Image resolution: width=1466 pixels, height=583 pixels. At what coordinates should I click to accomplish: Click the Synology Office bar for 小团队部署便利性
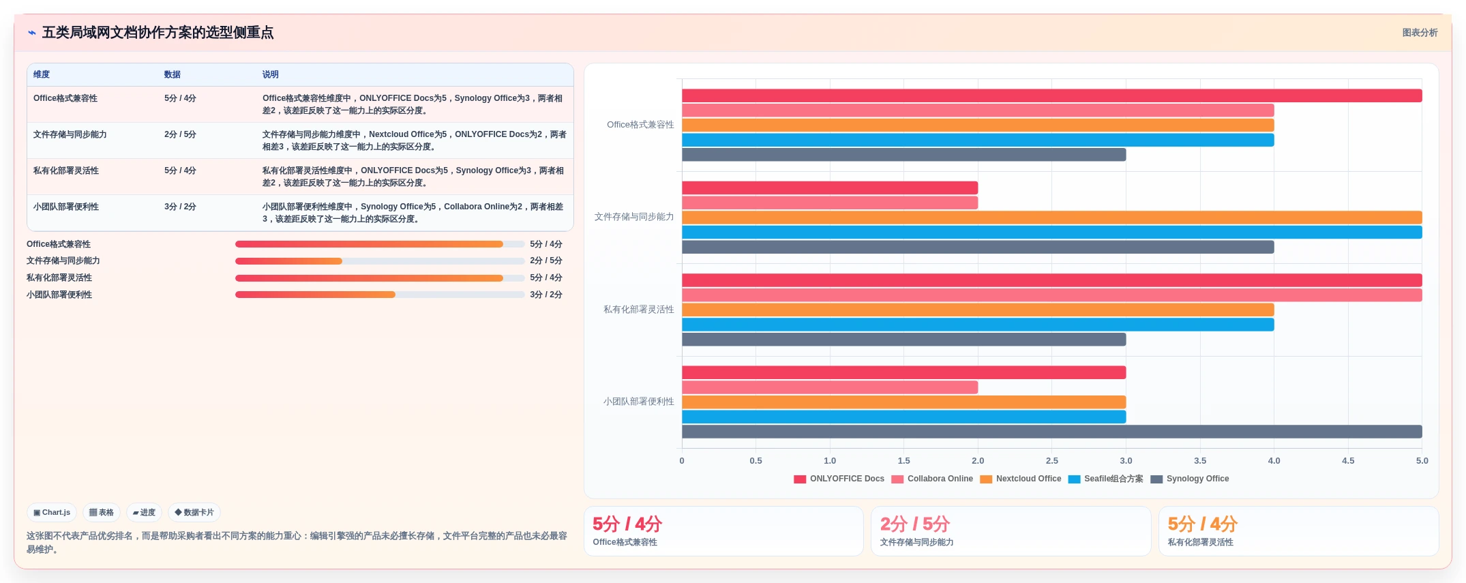[x=1051, y=432]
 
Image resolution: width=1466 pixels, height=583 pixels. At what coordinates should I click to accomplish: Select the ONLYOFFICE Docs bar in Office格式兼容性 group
[x=1051, y=95]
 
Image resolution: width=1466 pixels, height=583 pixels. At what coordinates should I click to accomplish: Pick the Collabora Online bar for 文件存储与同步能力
[x=830, y=203]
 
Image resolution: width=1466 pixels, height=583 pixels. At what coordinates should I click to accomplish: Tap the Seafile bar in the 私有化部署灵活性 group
[x=978, y=325]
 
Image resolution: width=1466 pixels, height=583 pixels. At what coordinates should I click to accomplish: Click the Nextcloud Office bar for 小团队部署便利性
[x=903, y=402]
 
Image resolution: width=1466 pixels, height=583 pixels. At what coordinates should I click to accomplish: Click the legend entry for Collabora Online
[x=932, y=479]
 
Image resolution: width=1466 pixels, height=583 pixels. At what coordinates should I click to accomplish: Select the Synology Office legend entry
[x=1190, y=479]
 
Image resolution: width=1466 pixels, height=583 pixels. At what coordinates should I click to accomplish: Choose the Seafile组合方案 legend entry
[x=1106, y=479]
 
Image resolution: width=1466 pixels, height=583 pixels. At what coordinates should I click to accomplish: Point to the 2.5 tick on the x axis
[x=1052, y=461]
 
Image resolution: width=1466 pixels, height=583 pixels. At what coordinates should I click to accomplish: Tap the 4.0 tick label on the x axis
[x=1274, y=461]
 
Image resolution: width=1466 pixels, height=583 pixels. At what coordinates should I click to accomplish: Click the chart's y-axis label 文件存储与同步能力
[x=634, y=217]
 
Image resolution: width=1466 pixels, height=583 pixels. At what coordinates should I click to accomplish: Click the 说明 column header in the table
[x=271, y=74]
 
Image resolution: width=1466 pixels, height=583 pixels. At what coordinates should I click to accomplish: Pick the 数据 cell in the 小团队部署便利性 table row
[x=180, y=207]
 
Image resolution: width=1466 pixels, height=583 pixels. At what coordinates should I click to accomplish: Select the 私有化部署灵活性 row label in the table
[x=66, y=170]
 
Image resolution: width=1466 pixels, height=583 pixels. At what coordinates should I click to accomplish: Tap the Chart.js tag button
[x=52, y=512]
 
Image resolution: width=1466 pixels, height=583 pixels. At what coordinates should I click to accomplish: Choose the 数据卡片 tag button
[x=194, y=512]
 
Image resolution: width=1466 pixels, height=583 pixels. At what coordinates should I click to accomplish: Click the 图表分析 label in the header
[x=1420, y=33]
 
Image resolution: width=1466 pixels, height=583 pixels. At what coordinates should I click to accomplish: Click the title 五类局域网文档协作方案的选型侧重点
[x=158, y=33]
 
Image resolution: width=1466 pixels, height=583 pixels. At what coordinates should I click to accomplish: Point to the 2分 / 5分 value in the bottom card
[x=915, y=524]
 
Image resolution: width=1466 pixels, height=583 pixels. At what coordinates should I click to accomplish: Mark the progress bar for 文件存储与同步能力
[x=380, y=261]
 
